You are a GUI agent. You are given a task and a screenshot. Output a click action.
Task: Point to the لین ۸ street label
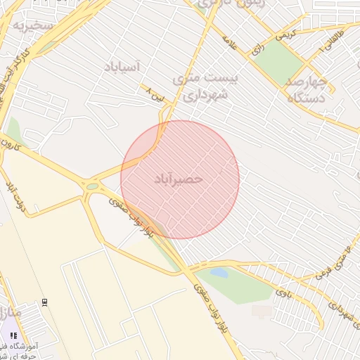(x=155, y=95)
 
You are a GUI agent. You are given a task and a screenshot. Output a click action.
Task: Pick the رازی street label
(x=257, y=50)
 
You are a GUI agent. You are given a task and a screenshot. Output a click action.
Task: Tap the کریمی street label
(x=285, y=33)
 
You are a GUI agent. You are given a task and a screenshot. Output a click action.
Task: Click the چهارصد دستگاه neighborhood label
(x=308, y=90)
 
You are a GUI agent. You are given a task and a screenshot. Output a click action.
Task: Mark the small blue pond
(x=220, y=272)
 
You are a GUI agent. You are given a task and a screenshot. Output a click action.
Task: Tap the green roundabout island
(x=92, y=187)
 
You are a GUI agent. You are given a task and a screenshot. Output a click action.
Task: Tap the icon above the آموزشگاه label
(x=13, y=335)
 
